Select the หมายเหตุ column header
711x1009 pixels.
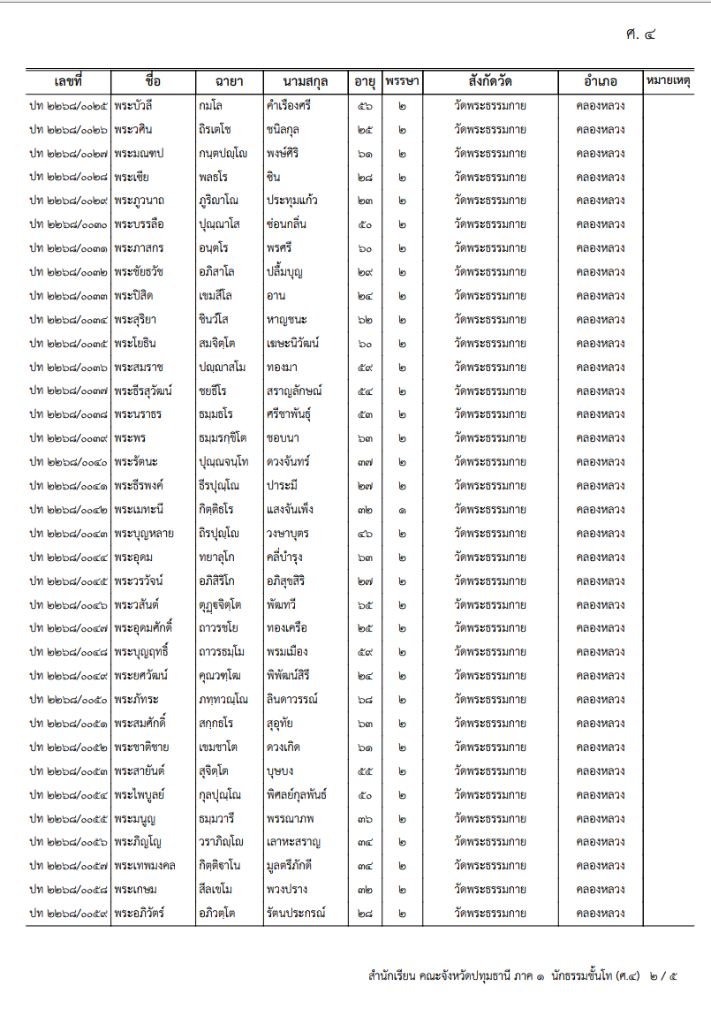point(669,82)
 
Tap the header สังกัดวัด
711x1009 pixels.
point(490,82)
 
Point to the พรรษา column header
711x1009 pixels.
point(402,82)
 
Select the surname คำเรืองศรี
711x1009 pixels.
point(288,106)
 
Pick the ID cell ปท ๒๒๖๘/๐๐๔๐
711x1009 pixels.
point(69,462)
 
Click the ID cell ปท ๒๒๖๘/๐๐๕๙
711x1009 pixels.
point(69,913)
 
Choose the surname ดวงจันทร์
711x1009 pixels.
point(287,462)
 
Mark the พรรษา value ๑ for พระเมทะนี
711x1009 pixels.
point(402,510)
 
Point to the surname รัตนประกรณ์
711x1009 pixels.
point(295,913)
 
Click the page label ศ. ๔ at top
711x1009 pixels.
point(639,36)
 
